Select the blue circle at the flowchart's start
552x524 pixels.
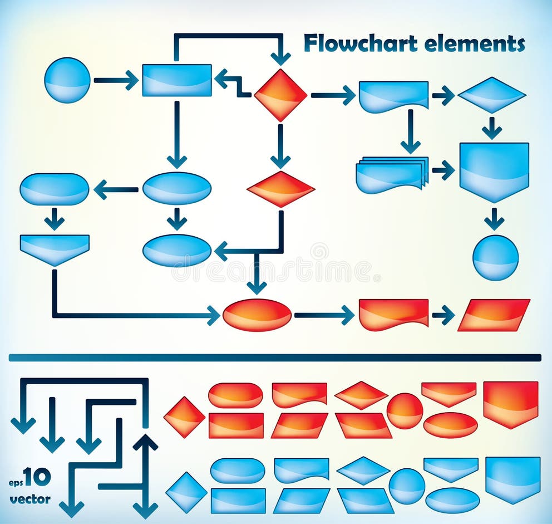pos(67,80)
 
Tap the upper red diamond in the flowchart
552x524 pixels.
pos(280,95)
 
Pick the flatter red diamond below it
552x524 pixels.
pos(280,189)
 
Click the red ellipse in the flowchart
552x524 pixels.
pos(257,315)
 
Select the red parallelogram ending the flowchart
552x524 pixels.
pos(494,315)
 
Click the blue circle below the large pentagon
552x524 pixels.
pos(495,257)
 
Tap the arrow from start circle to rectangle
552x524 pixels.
pos(116,80)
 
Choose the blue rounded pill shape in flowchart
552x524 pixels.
pos(55,189)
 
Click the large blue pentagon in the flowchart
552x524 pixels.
pos(494,170)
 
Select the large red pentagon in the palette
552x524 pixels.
pos(511,403)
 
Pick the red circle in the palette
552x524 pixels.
pos(405,411)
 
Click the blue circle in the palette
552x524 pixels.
pos(407,486)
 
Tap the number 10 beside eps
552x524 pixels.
pos(37,477)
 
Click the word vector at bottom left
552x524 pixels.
pos(30,499)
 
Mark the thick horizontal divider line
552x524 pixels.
pos(275,358)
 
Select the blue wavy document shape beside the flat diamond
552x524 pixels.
pos(393,96)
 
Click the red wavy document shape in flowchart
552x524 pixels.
pos(393,314)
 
